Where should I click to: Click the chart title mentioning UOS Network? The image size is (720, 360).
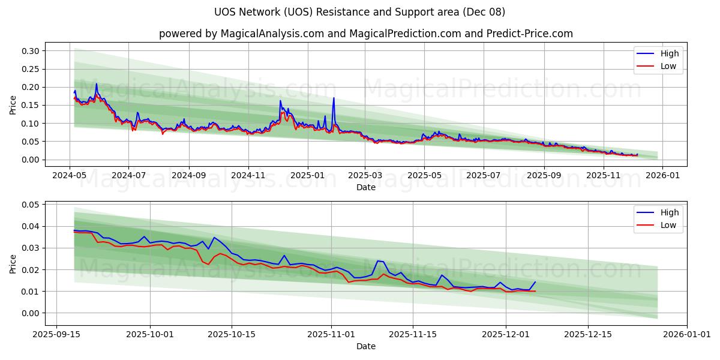[x=359, y=12]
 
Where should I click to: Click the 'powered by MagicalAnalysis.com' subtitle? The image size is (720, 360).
[x=365, y=34]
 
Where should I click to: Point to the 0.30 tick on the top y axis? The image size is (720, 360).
[x=31, y=51]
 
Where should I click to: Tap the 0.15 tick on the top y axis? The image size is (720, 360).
[x=31, y=106]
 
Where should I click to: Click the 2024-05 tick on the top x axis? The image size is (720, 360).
[x=70, y=175]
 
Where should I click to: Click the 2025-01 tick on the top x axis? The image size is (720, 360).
[x=307, y=175]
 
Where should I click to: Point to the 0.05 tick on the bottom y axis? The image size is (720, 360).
[x=31, y=205]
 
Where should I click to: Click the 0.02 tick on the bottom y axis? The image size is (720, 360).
[x=31, y=270]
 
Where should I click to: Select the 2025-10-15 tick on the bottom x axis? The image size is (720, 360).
[x=231, y=334]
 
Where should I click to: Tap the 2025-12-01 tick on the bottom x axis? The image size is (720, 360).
[x=504, y=334]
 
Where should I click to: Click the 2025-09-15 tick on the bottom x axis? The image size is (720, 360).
[x=57, y=334]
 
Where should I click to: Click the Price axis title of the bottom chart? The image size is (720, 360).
[x=13, y=263]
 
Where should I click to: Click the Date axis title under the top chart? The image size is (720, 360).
[x=365, y=187]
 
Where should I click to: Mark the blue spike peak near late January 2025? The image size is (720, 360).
[x=334, y=98]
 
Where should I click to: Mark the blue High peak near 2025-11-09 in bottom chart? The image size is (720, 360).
[x=377, y=260]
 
